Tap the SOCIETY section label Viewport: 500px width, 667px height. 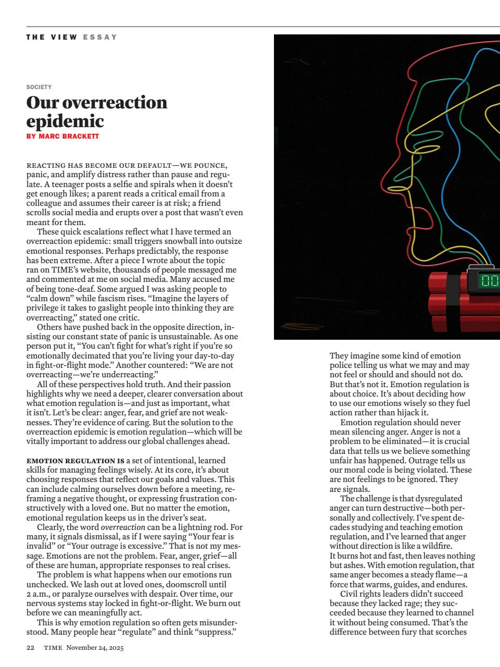[x=39, y=87]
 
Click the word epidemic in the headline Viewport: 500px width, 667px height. [x=65, y=121]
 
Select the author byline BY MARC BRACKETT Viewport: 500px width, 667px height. [x=63, y=137]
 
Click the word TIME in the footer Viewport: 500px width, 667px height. [x=53, y=648]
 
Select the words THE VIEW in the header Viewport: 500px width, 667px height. [x=52, y=37]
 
